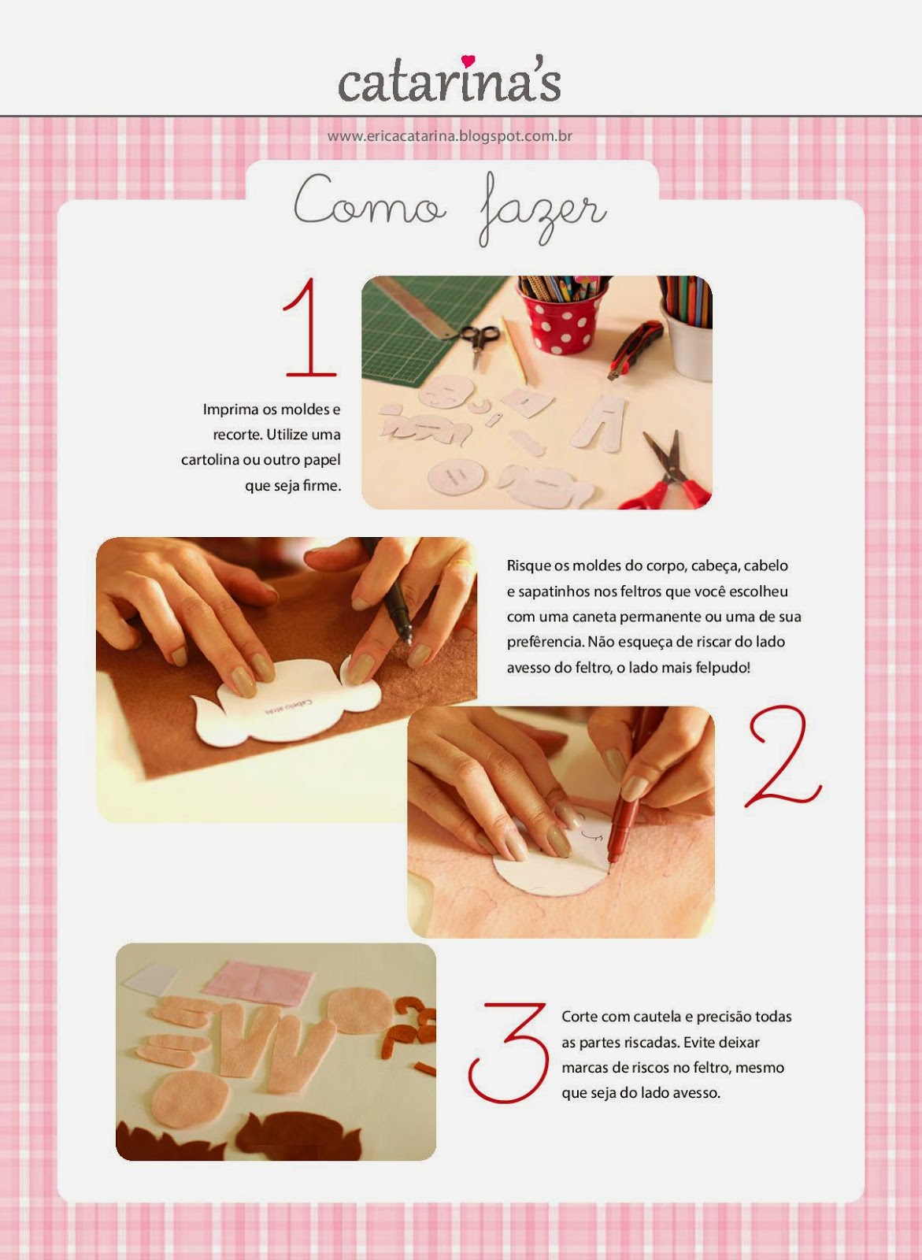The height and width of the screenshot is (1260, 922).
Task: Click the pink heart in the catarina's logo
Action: pyautogui.click(x=468, y=60)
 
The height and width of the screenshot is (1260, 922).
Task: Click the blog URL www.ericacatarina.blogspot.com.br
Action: pyautogui.click(x=450, y=136)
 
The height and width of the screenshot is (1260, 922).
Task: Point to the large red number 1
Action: pyautogui.click(x=309, y=327)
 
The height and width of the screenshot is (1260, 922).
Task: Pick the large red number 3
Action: pyautogui.click(x=507, y=1053)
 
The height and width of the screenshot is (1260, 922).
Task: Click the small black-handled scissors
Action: pyautogui.click(x=478, y=341)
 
